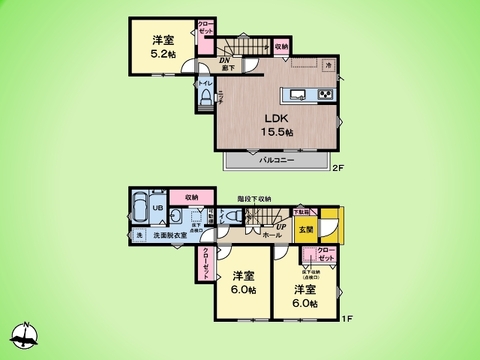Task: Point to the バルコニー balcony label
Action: coord(277,159)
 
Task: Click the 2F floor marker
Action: coord(339,168)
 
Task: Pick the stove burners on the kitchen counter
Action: coord(325,95)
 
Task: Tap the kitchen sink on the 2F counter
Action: coord(296,96)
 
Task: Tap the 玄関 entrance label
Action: coord(304,231)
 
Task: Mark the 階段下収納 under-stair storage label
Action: coord(258,198)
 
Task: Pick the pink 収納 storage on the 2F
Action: coord(281,46)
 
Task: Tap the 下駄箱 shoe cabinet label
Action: coord(300,212)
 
